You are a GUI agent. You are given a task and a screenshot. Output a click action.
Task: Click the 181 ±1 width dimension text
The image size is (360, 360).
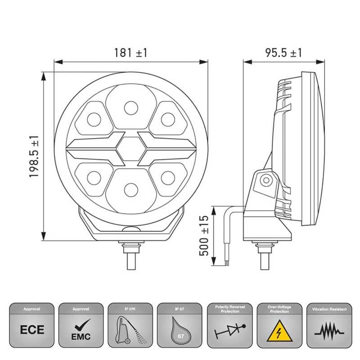[130, 53]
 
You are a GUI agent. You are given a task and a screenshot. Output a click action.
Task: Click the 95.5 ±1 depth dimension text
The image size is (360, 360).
[283, 53]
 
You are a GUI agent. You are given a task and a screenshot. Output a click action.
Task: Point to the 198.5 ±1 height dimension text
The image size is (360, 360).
[35, 157]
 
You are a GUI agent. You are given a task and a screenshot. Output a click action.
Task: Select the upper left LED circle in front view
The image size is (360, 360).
[94, 119]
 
